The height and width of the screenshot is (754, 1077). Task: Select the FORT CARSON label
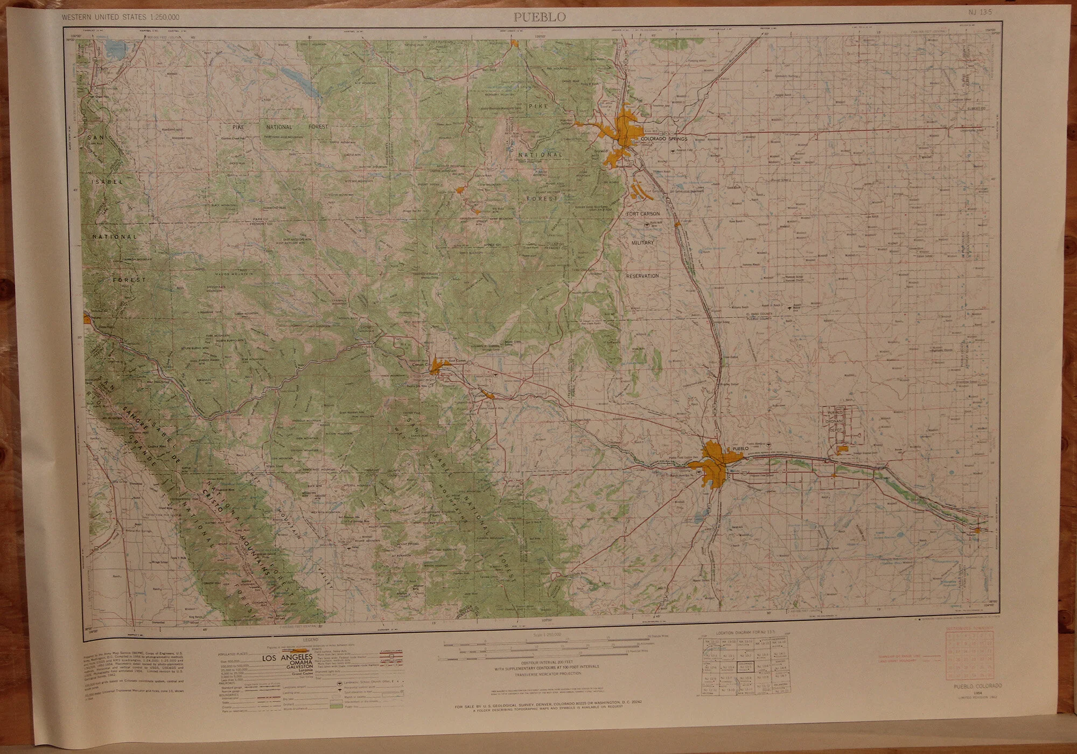pos(642,214)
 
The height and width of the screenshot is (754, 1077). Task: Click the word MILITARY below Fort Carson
pos(642,243)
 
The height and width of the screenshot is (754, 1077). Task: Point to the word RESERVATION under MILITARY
pos(642,275)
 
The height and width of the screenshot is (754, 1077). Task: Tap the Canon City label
pos(418,366)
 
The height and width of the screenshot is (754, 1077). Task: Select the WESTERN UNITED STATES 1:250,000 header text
pos(121,17)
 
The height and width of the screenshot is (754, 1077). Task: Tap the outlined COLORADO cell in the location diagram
pos(746,665)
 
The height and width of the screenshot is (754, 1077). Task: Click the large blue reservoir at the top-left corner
pos(114,52)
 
